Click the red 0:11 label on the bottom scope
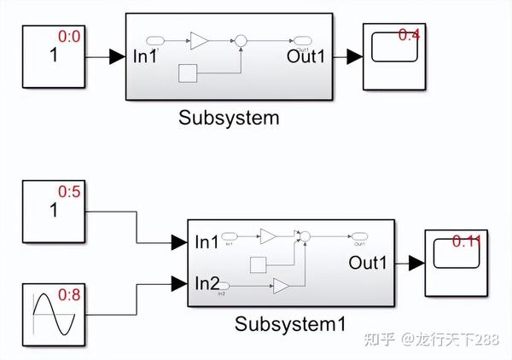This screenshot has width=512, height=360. (467, 241)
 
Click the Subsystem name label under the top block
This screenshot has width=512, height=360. (229, 118)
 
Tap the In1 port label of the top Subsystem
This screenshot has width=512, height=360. (146, 57)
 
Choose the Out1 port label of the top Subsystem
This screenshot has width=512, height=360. (307, 57)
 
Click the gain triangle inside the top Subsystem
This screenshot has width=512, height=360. (199, 40)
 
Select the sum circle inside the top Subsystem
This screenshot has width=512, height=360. (241, 40)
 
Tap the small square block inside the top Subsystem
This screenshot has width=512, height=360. (188, 73)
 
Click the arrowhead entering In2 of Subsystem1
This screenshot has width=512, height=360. (178, 282)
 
